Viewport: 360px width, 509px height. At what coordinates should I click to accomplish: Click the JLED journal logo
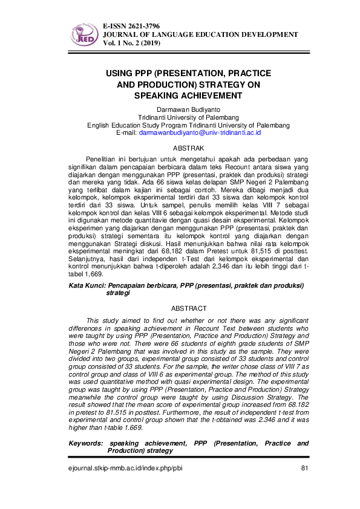tap(83, 35)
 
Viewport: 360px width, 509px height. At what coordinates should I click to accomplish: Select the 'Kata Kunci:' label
tap(87, 284)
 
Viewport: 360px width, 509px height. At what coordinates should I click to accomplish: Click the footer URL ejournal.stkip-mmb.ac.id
tap(116, 469)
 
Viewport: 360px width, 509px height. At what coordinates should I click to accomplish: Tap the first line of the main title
tap(188, 73)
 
